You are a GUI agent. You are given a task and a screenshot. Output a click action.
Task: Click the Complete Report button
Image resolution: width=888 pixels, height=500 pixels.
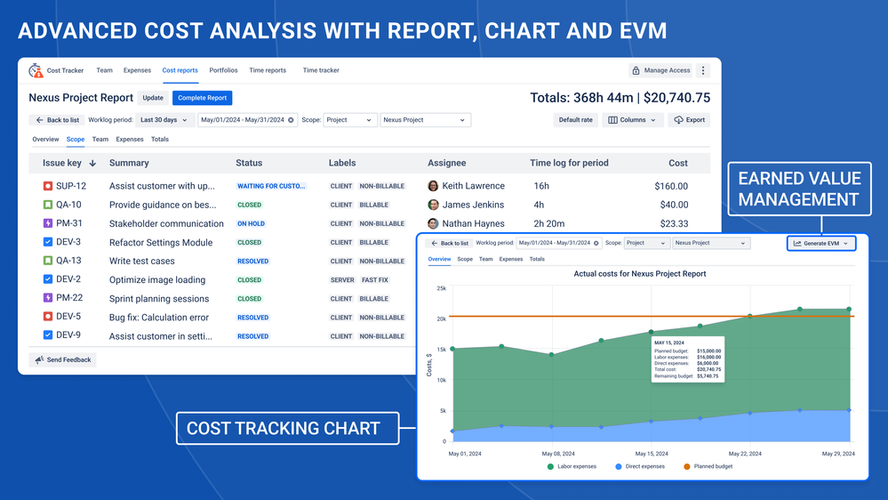202,98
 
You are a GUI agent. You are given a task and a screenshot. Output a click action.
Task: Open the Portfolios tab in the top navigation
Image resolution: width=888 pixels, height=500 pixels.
223,70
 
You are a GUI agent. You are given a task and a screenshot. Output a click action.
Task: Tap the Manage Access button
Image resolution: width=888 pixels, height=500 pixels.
660,70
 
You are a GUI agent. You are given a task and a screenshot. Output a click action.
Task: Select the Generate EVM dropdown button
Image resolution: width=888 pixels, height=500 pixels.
821,243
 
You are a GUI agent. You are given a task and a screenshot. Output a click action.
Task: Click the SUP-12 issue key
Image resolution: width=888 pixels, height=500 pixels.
70,186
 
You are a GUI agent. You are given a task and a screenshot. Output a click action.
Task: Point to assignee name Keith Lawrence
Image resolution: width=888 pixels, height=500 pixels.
473,186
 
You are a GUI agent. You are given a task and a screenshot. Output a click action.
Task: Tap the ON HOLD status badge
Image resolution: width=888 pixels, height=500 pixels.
251,224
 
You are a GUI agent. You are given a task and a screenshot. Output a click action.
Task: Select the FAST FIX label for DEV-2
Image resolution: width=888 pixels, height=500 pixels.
373,280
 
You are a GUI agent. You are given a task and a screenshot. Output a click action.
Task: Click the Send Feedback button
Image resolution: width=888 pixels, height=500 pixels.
63,360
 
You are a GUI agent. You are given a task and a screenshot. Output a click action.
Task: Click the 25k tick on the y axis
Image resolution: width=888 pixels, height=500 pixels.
441,288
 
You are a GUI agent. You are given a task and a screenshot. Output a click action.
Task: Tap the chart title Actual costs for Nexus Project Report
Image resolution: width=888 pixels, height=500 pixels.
640,274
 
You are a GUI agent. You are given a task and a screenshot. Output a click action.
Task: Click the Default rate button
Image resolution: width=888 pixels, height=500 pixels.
575,120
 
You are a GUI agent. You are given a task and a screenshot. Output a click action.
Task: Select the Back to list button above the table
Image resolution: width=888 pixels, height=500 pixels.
57,120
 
